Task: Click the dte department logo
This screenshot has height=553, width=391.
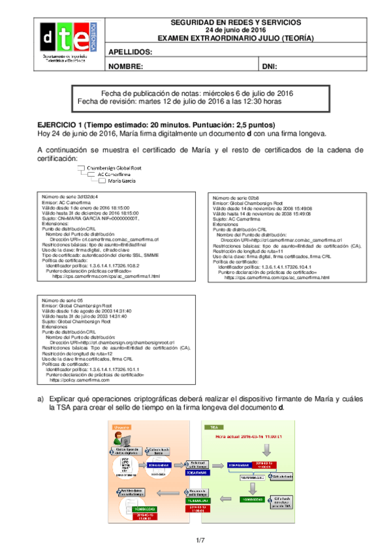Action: point(64,41)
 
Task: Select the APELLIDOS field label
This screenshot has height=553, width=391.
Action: point(131,52)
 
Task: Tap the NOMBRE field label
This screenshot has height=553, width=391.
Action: point(125,67)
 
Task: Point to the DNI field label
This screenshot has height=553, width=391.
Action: point(270,67)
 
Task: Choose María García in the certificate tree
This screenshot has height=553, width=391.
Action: point(122,181)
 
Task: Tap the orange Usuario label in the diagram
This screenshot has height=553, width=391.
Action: point(121,426)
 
